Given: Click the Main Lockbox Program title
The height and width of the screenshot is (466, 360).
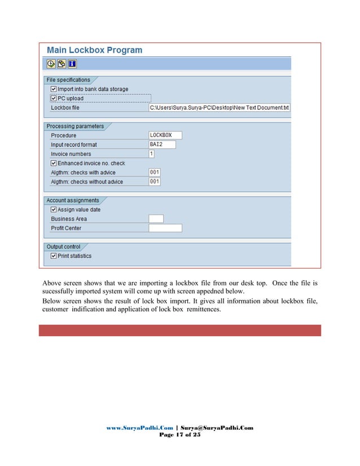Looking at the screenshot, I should pyautogui.click(x=94, y=50).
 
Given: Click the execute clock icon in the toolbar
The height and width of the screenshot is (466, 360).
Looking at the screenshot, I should pyautogui.click(x=51, y=63).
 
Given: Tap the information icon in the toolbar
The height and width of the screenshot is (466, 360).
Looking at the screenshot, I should pyautogui.click(x=71, y=63).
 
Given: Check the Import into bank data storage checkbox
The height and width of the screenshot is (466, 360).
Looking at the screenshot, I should pyautogui.click(x=54, y=89).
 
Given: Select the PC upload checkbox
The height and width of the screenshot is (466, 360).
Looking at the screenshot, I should pyautogui.click(x=54, y=98).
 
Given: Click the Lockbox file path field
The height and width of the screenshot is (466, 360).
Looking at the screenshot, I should pyautogui.click(x=219, y=107).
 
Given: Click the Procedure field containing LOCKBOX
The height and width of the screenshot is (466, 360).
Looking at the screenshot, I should pyautogui.click(x=165, y=135).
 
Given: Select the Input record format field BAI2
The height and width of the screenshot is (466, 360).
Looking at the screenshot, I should pyautogui.click(x=161, y=144).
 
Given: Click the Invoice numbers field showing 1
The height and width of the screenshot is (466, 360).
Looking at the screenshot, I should pyautogui.click(x=152, y=153).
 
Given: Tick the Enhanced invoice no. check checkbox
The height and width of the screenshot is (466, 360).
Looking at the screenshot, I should pyautogui.click(x=54, y=163).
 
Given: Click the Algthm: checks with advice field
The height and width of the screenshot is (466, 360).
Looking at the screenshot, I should pyautogui.click(x=155, y=172).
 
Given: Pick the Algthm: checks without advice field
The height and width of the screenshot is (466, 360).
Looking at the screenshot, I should pyautogui.click(x=155, y=182).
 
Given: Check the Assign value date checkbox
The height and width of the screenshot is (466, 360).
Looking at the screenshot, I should pyautogui.click(x=54, y=209).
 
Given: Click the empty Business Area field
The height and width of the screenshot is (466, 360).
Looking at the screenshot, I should pyautogui.click(x=156, y=218).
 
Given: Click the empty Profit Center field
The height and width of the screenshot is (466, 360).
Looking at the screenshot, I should pyautogui.click(x=165, y=228).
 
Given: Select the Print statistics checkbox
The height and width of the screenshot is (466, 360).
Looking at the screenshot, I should pyautogui.click(x=54, y=256).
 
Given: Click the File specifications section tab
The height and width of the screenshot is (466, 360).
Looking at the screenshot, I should pyautogui.click(x=68, y=80).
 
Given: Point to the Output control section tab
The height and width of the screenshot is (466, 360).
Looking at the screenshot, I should pyautogui.click(x=63, y=247).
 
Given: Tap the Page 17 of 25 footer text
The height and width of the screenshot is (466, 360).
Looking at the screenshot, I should pyautogui.click(x=180, y=436).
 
